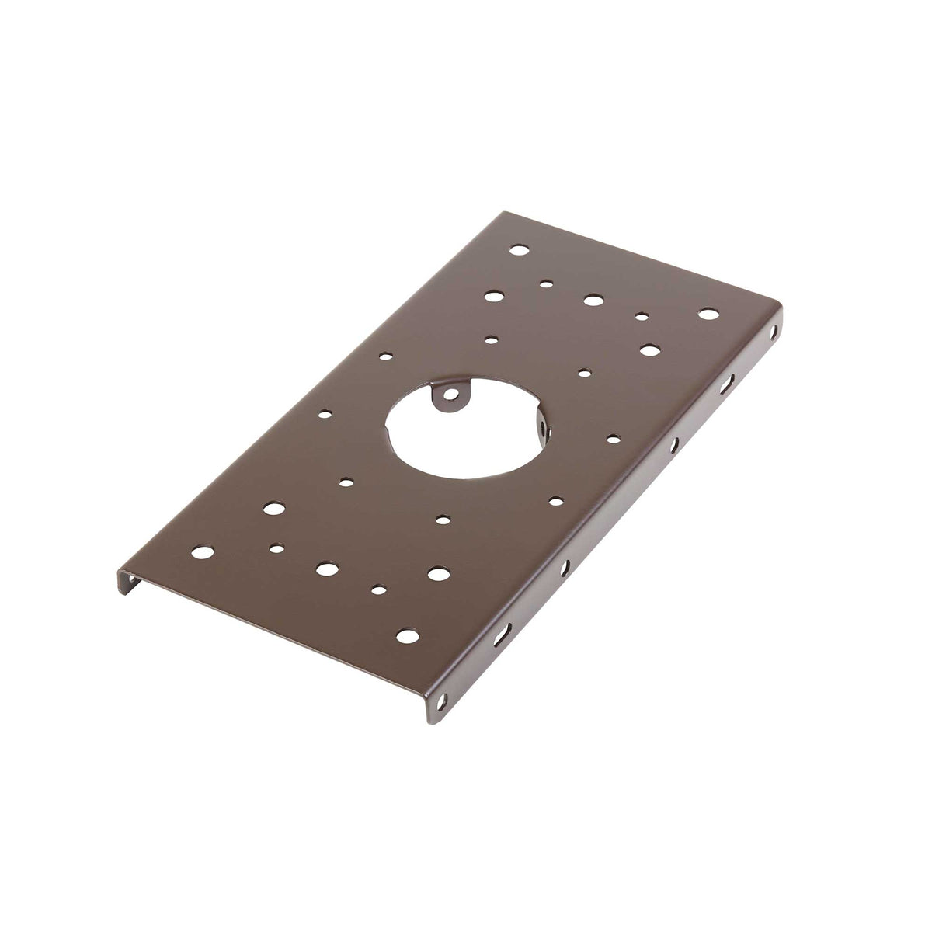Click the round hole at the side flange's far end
(x=772, y=331)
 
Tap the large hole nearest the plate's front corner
(x=405, y=635)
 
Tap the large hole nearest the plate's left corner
(x=203, y=553)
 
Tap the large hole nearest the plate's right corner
(x=708, y=314)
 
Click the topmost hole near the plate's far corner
(x=519, y=251)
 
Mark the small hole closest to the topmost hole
(x=548, y=284)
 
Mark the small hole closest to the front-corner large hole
(x=379, y=589)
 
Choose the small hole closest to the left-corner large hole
(x=276, y=548)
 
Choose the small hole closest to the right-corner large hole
(x=642, y=316)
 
